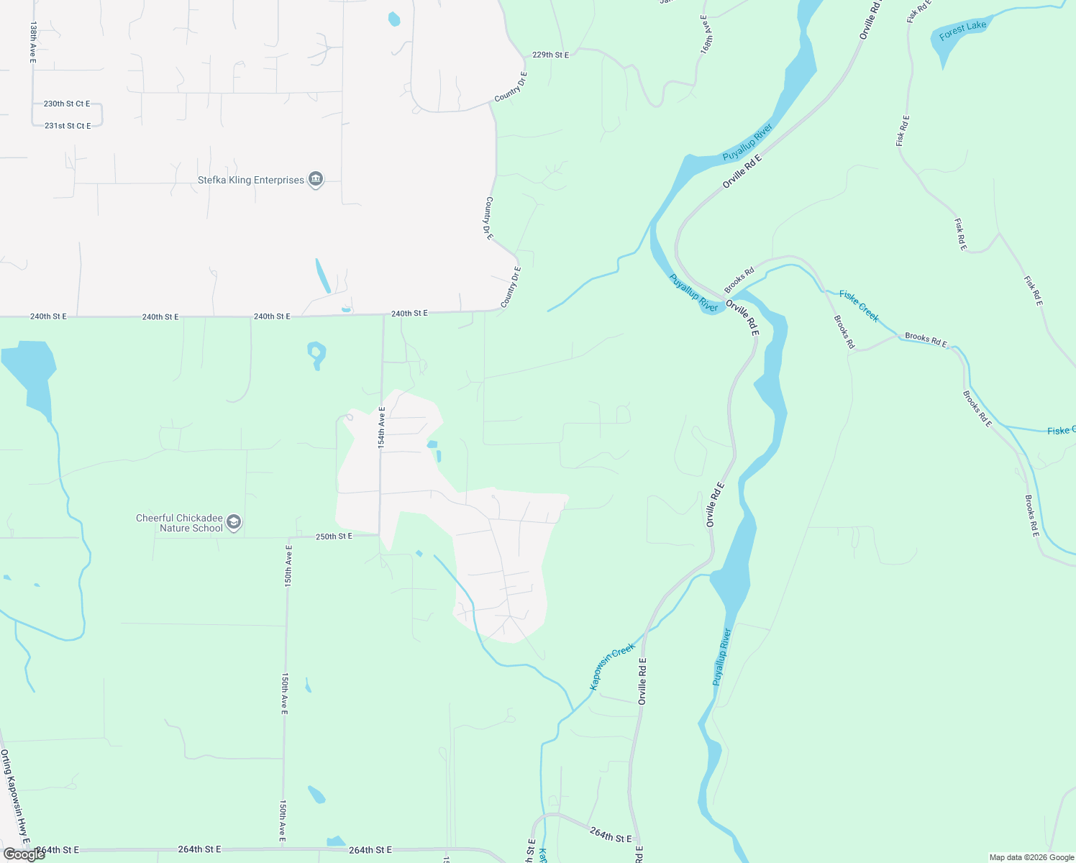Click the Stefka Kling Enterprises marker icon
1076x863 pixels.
[x=315, y=180]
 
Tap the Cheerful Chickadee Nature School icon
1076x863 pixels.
[x=233, y=523]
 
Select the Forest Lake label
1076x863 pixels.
[x=962, y=30]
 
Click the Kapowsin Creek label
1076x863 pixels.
[x=612, y=667]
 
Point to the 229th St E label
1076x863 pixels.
[x=550, y=55]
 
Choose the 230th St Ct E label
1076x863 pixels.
[x=67, y=104]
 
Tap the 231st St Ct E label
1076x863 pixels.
[x=68, y=126]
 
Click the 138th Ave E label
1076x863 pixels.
[x=33, y=42]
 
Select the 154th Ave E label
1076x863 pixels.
[x=382, y=427]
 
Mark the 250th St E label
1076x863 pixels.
[x=334, y=536]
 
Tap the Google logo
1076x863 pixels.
[x=24, y=854]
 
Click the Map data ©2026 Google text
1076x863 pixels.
[x=1031, y=857]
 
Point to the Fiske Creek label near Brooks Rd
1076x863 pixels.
[x=859, y=306]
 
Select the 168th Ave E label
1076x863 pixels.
[x=706, y=34]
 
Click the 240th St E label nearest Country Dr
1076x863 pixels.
[x=409, y=314]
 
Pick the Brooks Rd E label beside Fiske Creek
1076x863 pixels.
[x=926, y=339]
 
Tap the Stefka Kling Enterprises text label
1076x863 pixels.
[x=251, y=180]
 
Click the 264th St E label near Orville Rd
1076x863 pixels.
[x=611, y=835]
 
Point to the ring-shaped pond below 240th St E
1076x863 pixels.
[x=316, y=352]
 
